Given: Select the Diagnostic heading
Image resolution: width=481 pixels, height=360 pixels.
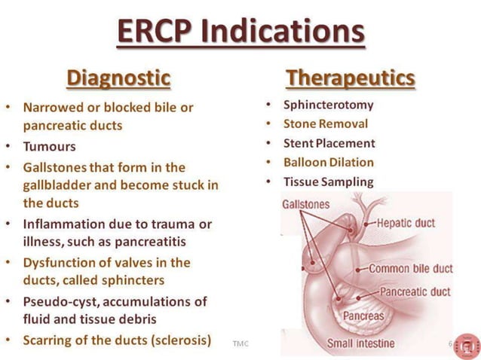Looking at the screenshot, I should coord(118,78).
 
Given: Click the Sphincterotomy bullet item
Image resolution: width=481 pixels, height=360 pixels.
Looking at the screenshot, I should coord(328,105).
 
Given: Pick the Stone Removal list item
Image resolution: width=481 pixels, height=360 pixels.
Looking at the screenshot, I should coord(326,124).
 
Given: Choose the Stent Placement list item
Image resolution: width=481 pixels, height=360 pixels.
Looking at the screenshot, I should coord(329,143).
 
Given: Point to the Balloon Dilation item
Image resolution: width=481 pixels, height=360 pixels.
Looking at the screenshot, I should coord(328,162).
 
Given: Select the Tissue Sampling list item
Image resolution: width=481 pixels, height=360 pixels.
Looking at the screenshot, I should coord(328,182).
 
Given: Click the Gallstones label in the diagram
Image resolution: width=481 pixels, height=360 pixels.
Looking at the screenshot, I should coord(305,204).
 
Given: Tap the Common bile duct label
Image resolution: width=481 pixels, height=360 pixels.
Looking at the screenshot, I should coord(411,269).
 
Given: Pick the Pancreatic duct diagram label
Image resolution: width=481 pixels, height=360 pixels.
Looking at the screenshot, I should coord(415,291).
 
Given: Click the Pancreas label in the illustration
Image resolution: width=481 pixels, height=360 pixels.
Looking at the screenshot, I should coord(363,316).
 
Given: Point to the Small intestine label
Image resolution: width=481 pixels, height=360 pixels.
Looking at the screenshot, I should coord(360,344).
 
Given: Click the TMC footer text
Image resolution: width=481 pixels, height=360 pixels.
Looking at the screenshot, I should coord(241,343).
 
